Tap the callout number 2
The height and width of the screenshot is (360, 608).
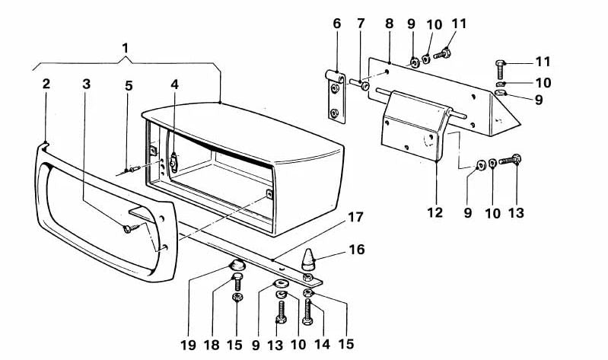click(x=46, y=83)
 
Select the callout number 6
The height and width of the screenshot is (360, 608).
click(x=336, y=24)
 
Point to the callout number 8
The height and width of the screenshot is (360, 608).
click(x=390, y=24)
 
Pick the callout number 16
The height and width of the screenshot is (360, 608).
click(x=356, y=249)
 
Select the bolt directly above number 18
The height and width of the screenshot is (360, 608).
click(x=237, y=284)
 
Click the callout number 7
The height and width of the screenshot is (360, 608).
click(x=361, y=24)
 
